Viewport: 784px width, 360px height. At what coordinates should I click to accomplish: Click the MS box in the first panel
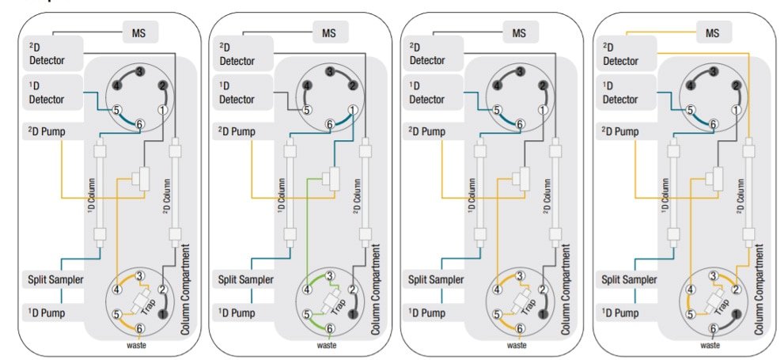pos(140,33)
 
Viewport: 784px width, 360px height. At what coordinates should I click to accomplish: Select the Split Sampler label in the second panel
pos(246,279)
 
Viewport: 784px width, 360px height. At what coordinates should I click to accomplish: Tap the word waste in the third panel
pos(517,345)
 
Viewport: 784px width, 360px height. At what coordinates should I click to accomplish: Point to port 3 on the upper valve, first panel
pos(139,72)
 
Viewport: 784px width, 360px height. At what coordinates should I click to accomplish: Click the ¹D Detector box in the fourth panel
pos(621,93)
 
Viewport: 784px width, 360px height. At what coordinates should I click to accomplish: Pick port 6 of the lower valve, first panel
pos(140,328)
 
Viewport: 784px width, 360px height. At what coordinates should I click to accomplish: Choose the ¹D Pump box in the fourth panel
pos(621,313)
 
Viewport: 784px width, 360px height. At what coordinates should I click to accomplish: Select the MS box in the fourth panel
pos(712,33)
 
